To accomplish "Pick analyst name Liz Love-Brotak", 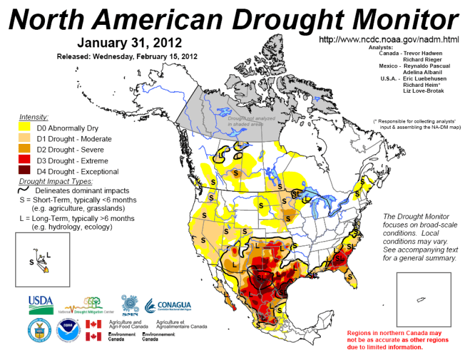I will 423,91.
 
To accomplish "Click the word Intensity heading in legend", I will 34,117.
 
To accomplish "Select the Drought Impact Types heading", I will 56,181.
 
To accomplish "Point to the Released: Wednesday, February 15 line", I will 127,56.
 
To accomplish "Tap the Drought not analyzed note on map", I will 252,121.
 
